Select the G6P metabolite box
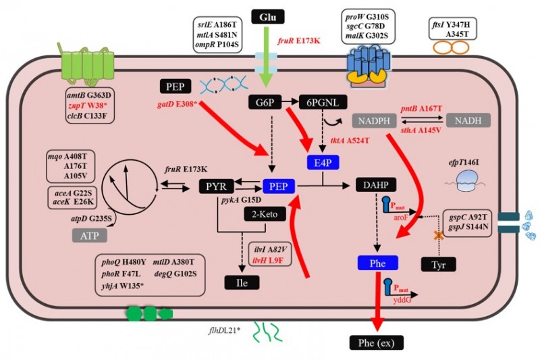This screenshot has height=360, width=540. pos(261,102)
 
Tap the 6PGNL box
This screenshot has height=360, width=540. pos(323,102)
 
